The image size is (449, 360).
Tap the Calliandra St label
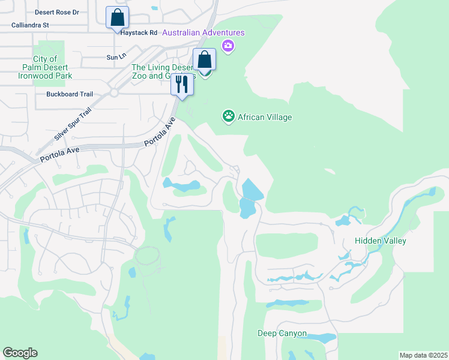point(30,25)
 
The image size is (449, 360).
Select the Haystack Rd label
point(139,32)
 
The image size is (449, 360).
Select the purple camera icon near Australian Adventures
point(228,46)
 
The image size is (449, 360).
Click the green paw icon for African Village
point(228,116)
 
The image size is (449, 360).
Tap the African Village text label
point(265,117)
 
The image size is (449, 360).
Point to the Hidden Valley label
point(381,241)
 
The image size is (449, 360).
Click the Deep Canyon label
point(282,333)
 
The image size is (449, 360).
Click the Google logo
point(20,353)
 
